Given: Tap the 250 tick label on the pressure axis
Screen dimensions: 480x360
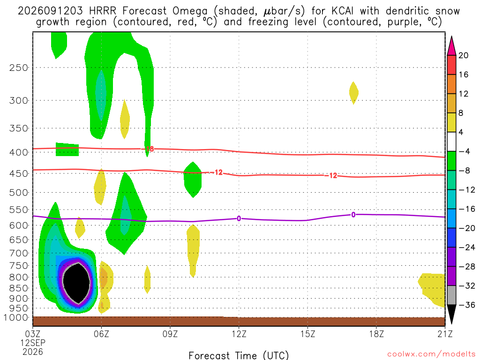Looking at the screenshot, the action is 19,67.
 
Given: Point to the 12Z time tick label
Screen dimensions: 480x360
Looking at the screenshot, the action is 239,333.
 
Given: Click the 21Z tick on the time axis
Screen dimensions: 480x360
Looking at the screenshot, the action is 445,333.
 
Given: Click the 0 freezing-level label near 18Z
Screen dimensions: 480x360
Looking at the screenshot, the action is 353,215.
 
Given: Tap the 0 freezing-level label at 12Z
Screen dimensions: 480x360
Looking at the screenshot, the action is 239,218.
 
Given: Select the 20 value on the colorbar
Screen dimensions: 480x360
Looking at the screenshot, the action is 464,55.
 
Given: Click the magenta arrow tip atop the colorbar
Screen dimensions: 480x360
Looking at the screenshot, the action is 451,37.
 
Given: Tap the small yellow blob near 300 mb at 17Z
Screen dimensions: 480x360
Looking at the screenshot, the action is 353,93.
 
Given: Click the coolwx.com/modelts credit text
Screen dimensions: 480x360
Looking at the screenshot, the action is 431,354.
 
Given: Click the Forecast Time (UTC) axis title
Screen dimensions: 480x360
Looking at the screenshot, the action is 239,355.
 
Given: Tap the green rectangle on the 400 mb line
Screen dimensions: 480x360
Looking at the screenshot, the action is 67,150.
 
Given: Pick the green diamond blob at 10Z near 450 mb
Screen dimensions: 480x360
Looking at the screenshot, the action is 193,180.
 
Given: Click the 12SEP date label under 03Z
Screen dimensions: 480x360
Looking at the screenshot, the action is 33,343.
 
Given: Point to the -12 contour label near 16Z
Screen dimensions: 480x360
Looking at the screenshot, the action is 331,176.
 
